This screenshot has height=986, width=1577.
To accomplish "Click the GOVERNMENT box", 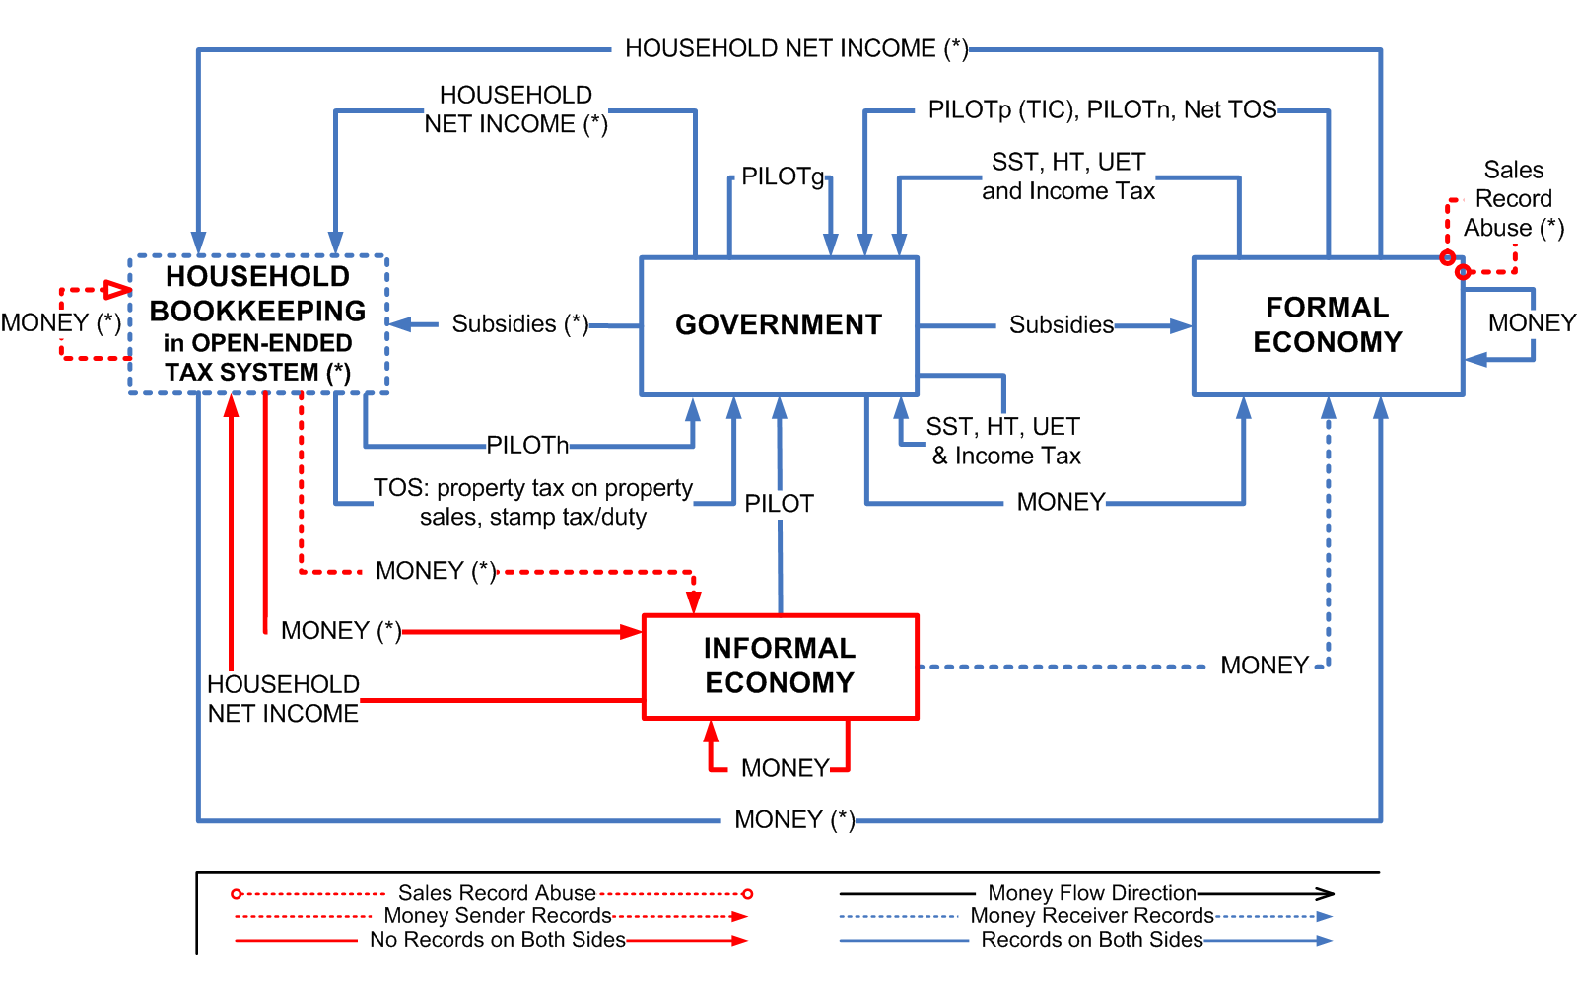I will (x=779, y=325).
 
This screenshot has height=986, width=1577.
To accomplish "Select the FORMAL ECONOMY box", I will (x=1327, y=325).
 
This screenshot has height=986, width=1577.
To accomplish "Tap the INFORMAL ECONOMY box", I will (x=780, y=666).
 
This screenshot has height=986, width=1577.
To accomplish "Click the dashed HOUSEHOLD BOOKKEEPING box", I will (x=257, y=324).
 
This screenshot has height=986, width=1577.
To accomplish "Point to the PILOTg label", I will (x=783, y=176).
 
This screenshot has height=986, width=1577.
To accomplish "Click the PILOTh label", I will (x=527, y=446).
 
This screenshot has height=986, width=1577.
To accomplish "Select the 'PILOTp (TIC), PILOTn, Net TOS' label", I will (x=1102, y=109).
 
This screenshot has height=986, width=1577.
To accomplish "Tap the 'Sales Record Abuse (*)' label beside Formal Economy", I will (x=1514, y=199).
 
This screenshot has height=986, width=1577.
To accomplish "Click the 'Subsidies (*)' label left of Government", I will (x=519, y=324).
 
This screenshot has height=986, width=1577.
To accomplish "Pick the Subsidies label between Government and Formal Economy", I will (x=1061, y=325).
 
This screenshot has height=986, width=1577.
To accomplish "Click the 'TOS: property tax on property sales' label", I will (x=533, y=502).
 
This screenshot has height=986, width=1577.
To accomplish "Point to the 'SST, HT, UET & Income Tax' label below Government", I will (x=1004, y=441).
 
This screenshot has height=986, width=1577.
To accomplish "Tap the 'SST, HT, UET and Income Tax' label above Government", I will (x=1068, y=176).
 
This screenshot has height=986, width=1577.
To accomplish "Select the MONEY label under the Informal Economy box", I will (x=785, y=768).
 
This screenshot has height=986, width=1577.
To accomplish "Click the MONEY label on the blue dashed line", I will (x=1264, y=666).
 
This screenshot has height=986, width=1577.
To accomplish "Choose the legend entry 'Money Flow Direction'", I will (x=1091, y=893).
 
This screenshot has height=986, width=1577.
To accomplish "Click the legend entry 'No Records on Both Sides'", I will (x=498, y=940).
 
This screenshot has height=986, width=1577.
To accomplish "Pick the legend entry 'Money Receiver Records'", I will (x=1091, y=916).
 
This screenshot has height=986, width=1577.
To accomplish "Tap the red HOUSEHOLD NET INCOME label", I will (x=283, y=698).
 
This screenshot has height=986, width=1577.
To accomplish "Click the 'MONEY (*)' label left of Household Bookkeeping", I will (x=61, y=323).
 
